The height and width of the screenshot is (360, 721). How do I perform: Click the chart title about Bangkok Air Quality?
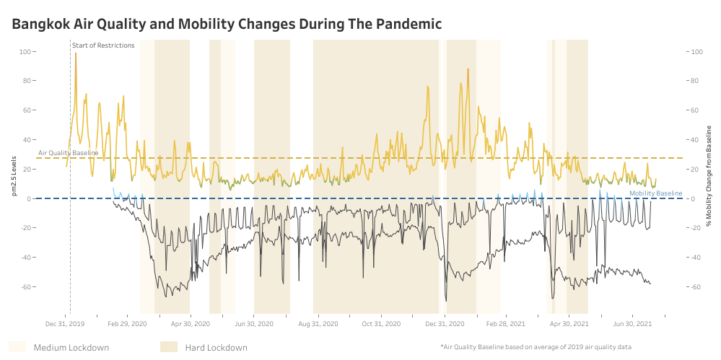[227, 25]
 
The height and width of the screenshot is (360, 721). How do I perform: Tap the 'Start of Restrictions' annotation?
[103, 45]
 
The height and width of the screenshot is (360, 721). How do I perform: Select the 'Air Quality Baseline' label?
[68, 153]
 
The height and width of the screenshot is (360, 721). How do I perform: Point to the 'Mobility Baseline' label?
[655, 193]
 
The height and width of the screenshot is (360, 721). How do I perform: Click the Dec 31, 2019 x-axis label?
[65, 324]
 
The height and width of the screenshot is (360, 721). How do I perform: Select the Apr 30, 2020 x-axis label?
[190, 324]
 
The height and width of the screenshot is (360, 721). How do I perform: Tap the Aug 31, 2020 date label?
[318, 324]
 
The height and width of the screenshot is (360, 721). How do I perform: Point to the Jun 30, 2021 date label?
[633, 324]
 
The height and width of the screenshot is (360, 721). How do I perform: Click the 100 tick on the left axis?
[27, 52]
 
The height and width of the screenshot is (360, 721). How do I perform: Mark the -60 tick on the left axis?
[27, 287]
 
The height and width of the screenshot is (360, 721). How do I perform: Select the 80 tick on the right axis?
[697, 81]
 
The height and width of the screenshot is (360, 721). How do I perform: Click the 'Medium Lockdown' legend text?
[71, 348]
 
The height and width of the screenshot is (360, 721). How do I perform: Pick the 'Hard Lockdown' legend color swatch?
[169, 347]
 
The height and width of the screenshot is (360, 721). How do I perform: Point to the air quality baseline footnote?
[536, 347]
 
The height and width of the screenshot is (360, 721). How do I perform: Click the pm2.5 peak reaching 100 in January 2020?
[76, 53]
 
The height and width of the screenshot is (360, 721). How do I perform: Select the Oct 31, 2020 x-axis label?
[380, 324]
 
